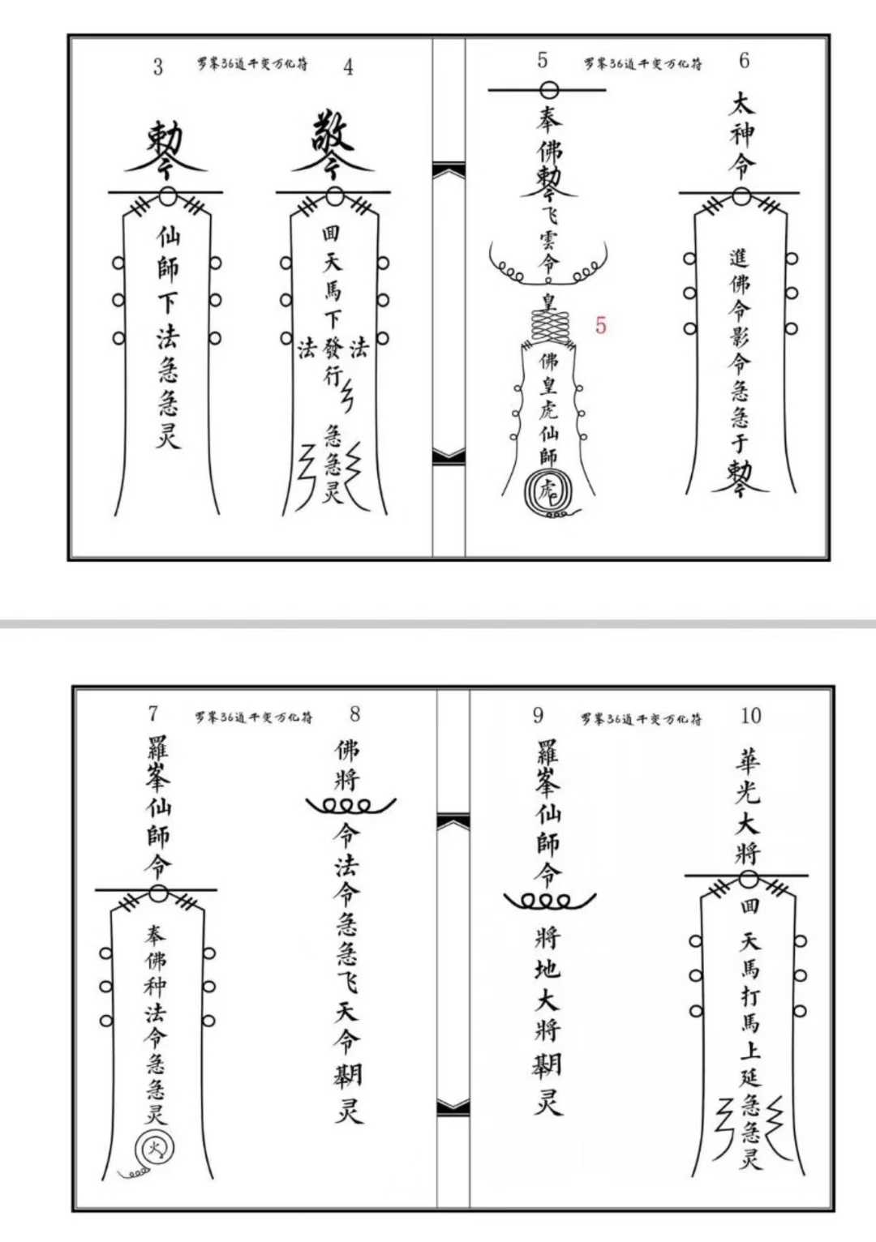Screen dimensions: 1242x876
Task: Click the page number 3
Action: pos(158,66)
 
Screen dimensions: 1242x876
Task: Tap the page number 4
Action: pos(348,66)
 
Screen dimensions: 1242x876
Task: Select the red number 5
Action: pos(600,326)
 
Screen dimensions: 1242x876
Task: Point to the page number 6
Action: pos(744,61)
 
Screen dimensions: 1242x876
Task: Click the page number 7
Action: pos(153,713)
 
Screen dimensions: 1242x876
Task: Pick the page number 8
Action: pos(354,714)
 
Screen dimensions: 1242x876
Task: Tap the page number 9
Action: pos(538,715)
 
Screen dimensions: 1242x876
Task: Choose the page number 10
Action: pos(750,716)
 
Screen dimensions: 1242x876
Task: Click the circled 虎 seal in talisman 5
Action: pos(548,490)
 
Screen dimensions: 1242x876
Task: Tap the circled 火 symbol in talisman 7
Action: pos(153,1147)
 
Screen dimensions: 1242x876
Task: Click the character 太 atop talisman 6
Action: pos(741,103)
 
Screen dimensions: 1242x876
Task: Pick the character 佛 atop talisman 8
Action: pos(347,750)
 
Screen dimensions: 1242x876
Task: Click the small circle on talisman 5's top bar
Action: pos(549,90)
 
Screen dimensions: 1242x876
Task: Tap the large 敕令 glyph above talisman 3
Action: pos(165,148)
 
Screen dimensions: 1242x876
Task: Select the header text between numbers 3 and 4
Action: pos(252,63)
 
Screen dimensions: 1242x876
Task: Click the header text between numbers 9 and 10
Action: pos(641,718)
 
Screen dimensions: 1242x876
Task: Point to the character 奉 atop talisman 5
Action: pos(548,120)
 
